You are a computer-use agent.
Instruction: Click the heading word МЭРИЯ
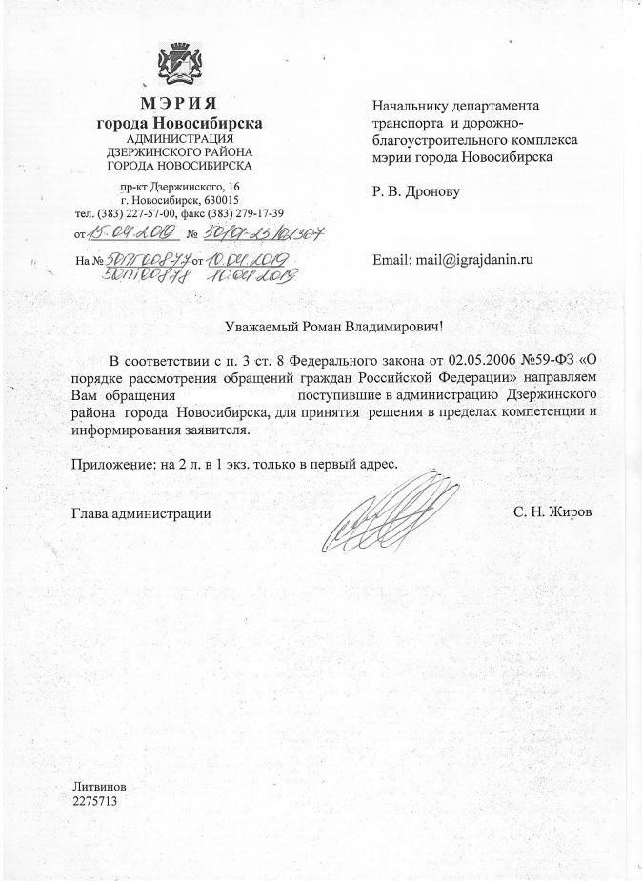pos(180,104)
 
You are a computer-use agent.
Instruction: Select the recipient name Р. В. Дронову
pos(416,192)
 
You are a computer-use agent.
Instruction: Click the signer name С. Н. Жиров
pos(552,512)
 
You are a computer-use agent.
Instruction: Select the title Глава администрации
pos(141,513)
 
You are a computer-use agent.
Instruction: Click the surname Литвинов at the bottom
pos(99,788)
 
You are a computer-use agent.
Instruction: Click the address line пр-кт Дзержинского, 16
pos(180,185)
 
